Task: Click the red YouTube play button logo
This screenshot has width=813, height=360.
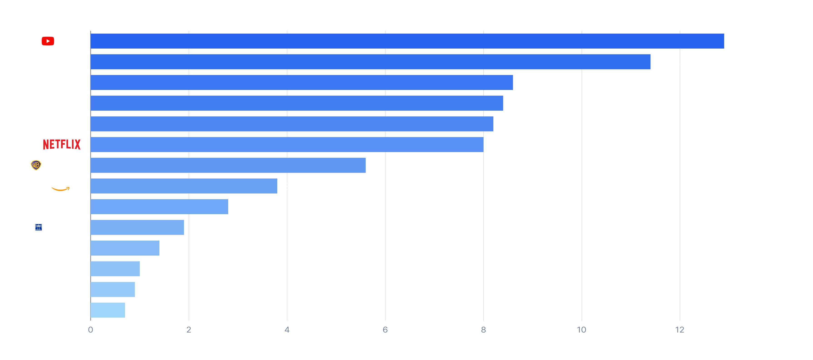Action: click(x=48, y=41)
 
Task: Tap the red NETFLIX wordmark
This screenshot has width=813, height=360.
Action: click(x=62, y=144)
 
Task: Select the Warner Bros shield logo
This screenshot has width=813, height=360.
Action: click(x=36, y=165)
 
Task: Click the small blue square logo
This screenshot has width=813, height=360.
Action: click(x=39, y=227)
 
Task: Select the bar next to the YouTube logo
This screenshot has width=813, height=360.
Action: click(x=407, y=41)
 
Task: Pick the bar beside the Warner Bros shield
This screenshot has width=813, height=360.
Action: click(x=228, y=165)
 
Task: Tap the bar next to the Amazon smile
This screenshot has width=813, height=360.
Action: click(x=184, y=186)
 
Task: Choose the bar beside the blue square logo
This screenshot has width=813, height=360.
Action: click(x=137, y=227)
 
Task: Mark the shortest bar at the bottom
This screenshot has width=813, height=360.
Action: click(x=108, y=310)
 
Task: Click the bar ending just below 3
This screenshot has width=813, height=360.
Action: click(x=159, y=206)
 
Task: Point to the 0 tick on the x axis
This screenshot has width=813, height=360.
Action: click(x=91, y=330)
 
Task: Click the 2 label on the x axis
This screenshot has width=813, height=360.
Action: click(x=189, y=330)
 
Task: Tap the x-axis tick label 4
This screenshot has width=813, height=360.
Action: click(x=287, y=330)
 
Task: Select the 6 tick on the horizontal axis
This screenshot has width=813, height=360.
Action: click(x=385, y=330)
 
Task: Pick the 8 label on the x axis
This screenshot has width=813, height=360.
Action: click(x=483, y=330)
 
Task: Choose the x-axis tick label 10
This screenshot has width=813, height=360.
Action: click(x=581, y=330)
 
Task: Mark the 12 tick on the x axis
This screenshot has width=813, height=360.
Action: click(x=680, y=330)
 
